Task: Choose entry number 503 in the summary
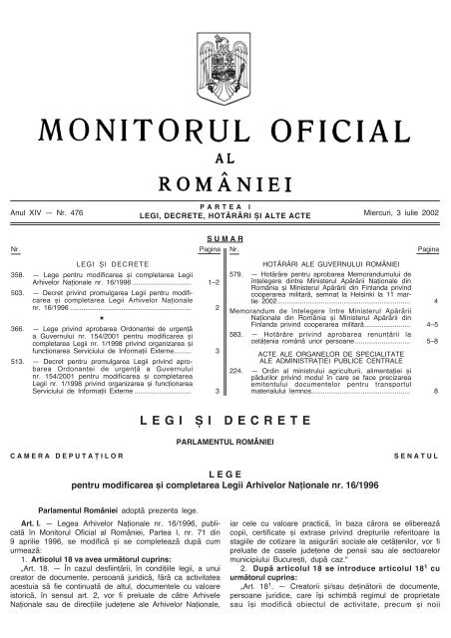tap(14, 296)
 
